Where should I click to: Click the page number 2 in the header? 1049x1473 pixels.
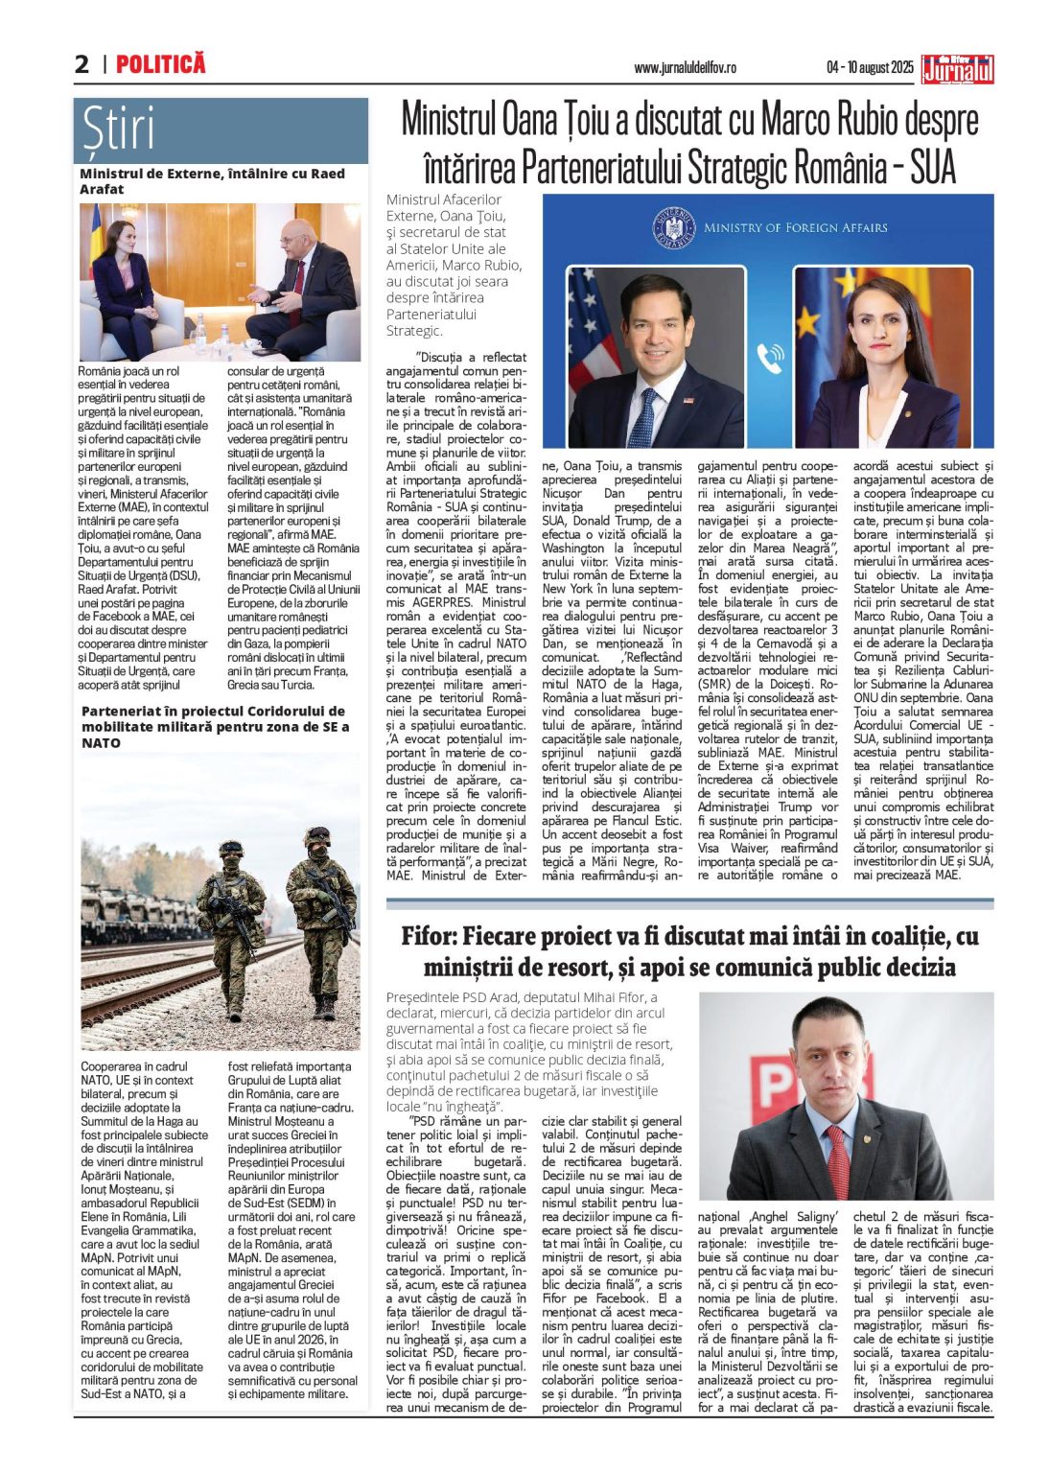[82, 64]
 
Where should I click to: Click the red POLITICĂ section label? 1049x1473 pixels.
[160, 64]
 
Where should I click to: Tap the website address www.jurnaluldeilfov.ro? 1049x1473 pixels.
[685, 68]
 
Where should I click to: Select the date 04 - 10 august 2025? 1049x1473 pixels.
[870, 68]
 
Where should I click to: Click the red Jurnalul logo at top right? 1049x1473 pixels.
[957, 69]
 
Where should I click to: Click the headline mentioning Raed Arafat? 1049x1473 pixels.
[212, 181]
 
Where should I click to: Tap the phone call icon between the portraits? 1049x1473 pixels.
[770, 358]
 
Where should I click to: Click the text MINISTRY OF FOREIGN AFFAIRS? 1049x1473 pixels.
[795, 228]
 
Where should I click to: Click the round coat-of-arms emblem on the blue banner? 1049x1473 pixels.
[672, 228]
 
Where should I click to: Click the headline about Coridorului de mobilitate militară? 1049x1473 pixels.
[215, 726]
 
